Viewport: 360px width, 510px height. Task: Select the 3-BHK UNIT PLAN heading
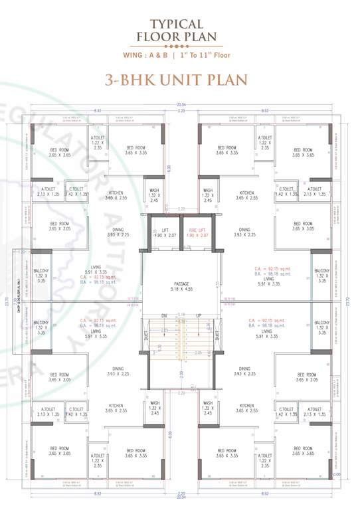coord(177,80)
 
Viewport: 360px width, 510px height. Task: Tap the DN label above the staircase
coord(163,315)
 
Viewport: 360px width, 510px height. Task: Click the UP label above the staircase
coord(198,315)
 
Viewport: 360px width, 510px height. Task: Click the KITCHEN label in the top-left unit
coord(116,195)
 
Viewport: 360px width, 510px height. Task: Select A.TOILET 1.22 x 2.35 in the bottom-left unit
coord(98,458)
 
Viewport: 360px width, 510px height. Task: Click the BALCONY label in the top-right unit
coord(321,275)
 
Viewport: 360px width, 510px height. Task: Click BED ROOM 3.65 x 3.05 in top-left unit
coord(59,226)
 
